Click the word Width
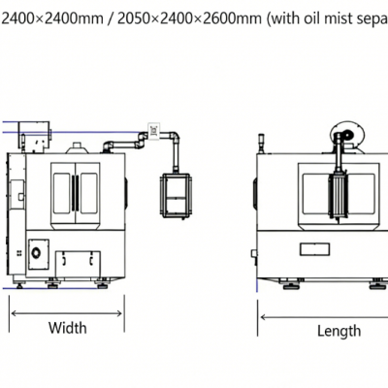point(67,328)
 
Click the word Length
point(339,331)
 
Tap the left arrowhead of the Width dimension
point(14,311)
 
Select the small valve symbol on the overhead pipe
point(152,127)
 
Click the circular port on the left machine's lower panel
point(38,252)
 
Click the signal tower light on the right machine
point(263,142)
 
